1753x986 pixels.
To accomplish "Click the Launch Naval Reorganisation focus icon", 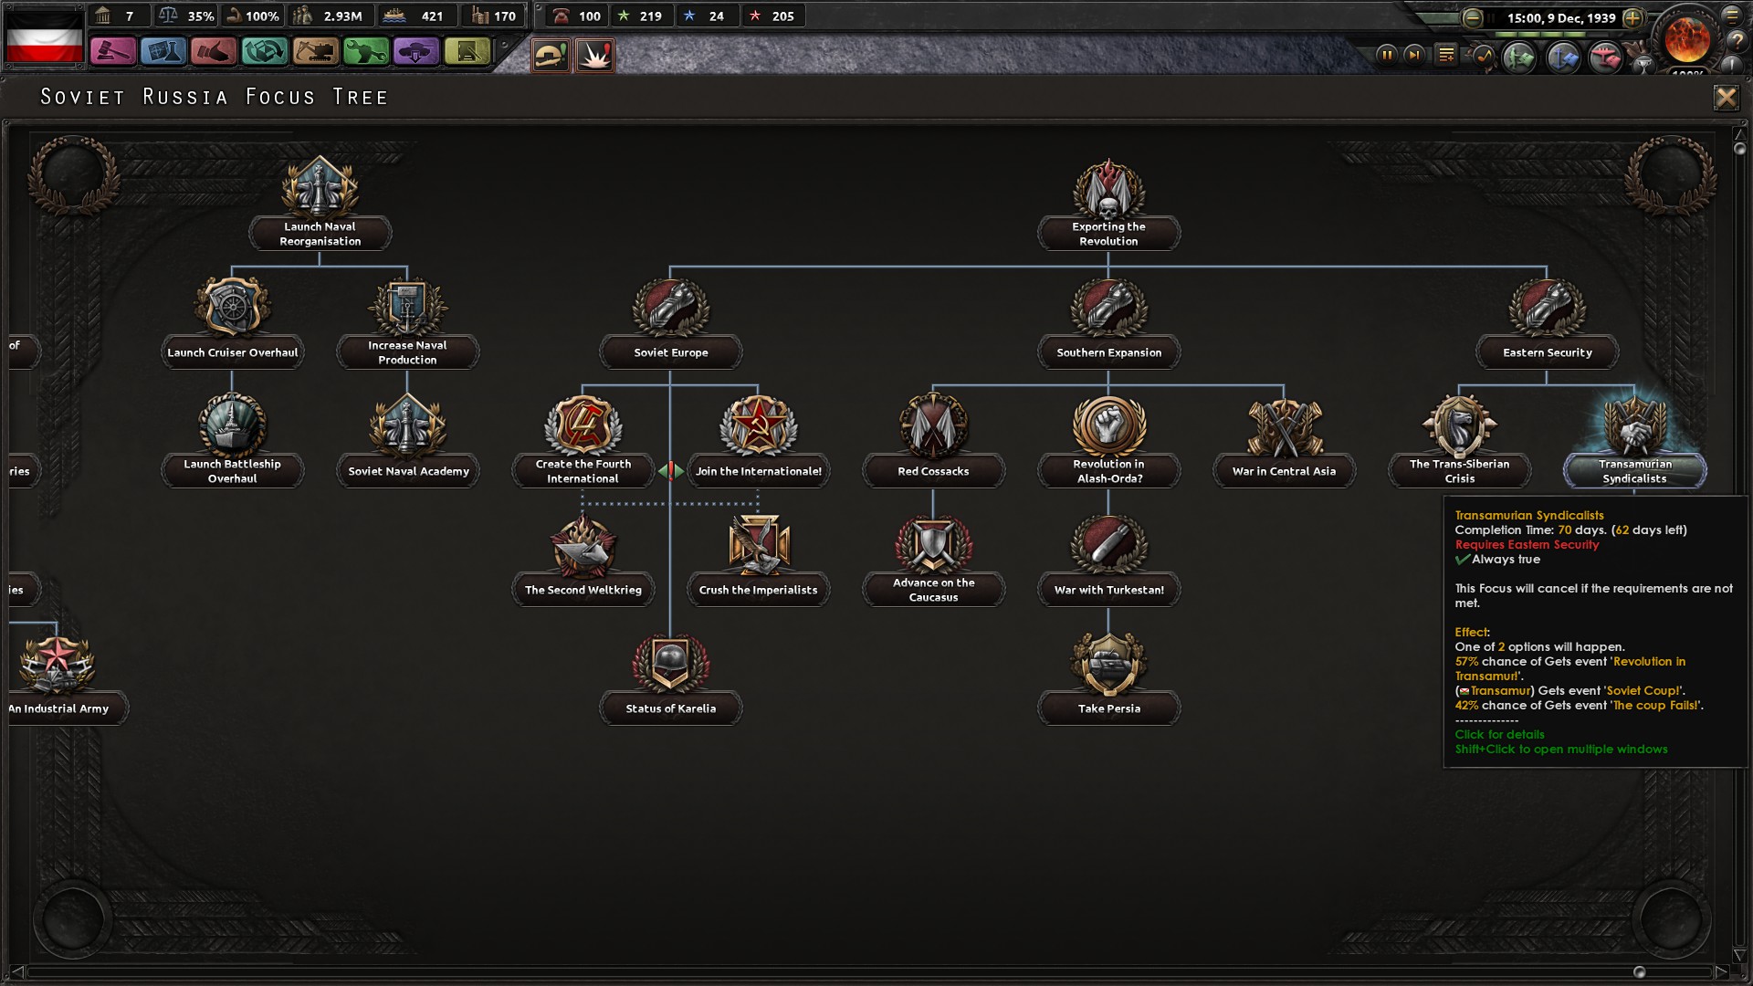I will pos(320,188).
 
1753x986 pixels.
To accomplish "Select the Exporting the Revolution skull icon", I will pos(1108,190).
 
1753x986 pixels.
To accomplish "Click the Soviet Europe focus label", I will pos(671,352).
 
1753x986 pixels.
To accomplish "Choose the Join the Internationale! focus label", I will pos(758,471).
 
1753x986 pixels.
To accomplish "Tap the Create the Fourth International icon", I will pos(583,425).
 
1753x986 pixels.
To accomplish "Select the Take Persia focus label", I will pos(1108,708).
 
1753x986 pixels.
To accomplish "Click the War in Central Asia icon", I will pos(1284,425).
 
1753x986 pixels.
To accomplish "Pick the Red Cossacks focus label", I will pos(933,471).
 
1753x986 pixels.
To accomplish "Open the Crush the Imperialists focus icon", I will pos(758,544).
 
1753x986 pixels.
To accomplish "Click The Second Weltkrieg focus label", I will pos(583,590).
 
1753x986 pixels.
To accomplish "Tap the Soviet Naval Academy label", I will pos(408,471).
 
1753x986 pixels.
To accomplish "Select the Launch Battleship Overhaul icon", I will pos(233,425).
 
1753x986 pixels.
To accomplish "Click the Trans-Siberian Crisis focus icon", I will pos(1459,425).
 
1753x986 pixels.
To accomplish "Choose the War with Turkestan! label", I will pos(1108,590).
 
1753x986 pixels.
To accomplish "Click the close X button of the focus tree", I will pos(1726,97).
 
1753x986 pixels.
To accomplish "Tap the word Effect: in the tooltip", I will pos(1472,632).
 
